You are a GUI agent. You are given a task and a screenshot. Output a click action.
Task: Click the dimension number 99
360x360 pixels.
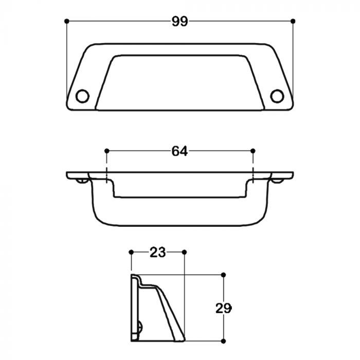click(x=180, y=22)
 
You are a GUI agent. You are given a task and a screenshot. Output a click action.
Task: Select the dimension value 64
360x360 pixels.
click(x=179, y=151)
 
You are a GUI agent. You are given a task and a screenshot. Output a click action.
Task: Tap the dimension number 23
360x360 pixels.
click(x=157, y=253)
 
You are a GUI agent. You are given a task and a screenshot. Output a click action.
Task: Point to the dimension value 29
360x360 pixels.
click(x=223, y=308)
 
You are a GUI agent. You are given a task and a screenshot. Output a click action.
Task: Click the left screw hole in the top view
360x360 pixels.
click(x=82, y=96)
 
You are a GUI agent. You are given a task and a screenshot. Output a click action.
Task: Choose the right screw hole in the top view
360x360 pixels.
click(x=277, y=96)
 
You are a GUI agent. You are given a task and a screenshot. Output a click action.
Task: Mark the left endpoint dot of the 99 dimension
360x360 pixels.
click(x=66, y=21)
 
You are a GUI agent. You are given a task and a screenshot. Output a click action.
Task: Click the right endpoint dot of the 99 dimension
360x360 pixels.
click(x=293, y=21)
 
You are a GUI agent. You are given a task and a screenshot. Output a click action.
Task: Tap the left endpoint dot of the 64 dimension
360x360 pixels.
click(x=107, y=151)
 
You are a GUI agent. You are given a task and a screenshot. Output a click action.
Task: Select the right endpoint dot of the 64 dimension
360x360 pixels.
click(x=253, y=151)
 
